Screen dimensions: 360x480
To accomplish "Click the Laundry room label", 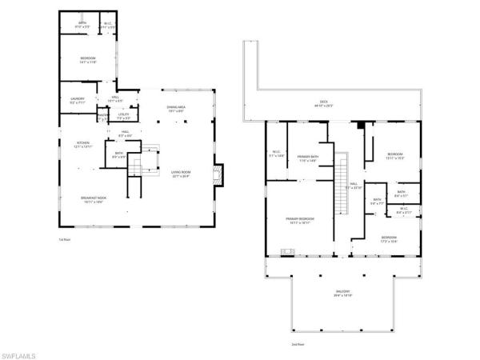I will point(77,101).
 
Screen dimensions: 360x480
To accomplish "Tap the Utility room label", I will point(123,116).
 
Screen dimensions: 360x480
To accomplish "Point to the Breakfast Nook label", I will point(93,200).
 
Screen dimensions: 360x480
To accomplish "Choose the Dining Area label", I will point(176,109).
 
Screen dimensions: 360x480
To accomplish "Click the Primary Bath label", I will point(308,158).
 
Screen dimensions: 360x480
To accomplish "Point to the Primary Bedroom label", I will point(300,220).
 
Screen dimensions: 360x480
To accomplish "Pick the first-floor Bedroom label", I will point(88,59).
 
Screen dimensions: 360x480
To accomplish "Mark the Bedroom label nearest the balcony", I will point(388,238).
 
